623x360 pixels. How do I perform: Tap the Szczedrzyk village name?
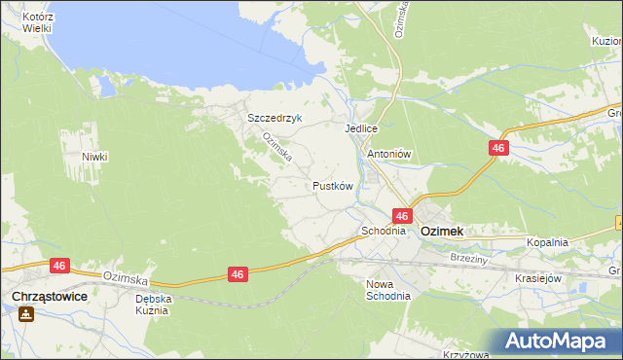275,118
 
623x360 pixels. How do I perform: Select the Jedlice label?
360,127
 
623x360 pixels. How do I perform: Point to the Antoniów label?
389,154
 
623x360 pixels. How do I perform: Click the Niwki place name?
94,157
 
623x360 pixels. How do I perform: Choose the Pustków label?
332,185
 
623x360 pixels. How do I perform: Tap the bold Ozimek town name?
441,232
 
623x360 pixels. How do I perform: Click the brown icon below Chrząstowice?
25,314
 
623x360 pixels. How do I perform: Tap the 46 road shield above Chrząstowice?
60,265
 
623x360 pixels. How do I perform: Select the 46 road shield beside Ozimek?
402,215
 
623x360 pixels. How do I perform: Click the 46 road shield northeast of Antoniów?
498,147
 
